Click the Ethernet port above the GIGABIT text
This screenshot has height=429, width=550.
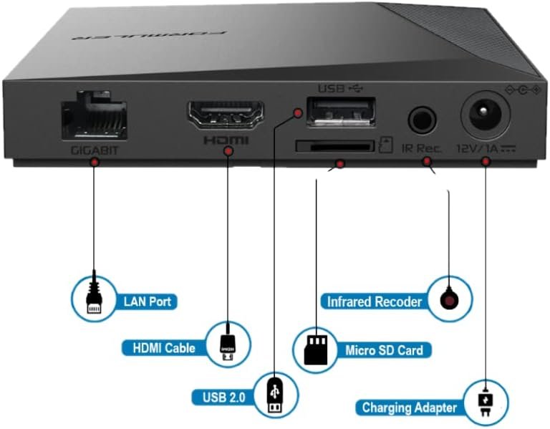(94, 118)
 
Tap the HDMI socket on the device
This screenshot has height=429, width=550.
(225, 115)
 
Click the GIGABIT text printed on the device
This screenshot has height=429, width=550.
(94, 151)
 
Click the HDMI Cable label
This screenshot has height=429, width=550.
(164, 349)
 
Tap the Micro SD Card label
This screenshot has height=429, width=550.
(384, 350)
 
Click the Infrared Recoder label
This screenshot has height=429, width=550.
(375, 302)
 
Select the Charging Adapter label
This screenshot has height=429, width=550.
(409, 408)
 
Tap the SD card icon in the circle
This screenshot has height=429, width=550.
(317, 349)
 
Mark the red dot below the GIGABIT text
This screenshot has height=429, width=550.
(94, 163)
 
